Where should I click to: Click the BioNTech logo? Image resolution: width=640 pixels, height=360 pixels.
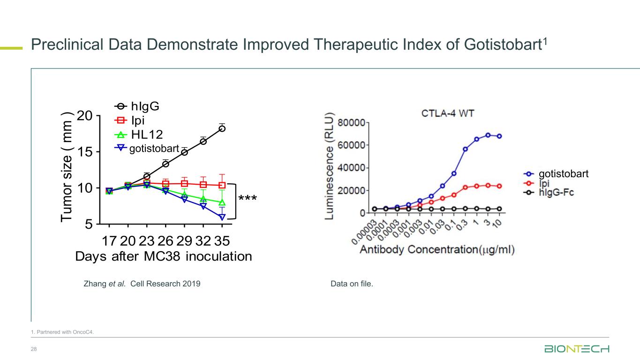coord(577,350)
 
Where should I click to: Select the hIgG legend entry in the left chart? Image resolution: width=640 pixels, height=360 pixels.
coord(137,106)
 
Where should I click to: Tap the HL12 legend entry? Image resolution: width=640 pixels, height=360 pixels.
coord(139,135)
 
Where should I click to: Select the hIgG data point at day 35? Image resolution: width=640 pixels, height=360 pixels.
coord(222,128)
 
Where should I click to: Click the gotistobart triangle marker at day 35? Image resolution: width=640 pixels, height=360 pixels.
coord(222,217)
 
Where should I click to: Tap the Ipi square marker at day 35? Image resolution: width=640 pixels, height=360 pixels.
coord(222,186)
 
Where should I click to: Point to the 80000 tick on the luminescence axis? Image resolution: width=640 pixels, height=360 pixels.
coord(354,123)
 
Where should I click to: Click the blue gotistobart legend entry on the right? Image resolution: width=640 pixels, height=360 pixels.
coord(556,174)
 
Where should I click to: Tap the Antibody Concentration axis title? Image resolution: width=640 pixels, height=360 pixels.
coord(437,250)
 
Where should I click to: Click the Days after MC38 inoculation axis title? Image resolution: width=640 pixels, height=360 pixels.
coord(164,257)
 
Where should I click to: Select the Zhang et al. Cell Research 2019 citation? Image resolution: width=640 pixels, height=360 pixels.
coord(142,284)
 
